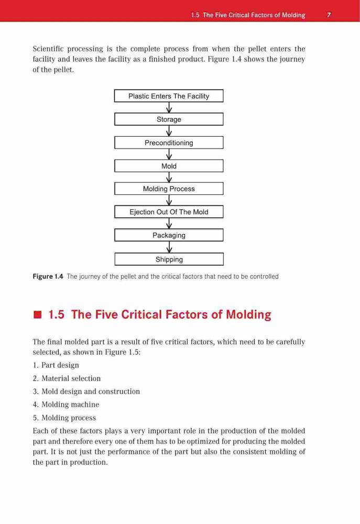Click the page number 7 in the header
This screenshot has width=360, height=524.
pos(329,15)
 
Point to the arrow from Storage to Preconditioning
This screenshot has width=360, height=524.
pos(169,130)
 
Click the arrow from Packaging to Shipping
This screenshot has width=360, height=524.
pos(169,247)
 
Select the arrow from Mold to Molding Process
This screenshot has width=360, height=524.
pos(169,177)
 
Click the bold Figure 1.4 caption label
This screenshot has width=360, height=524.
pos(48,276)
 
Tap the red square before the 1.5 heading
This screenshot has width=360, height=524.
pos(37,315)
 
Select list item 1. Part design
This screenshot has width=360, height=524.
pos(56,365)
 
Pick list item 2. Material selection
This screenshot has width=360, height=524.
pos(67,378)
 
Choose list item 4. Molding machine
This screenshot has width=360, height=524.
pos(66,405)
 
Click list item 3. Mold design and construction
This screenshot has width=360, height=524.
pos(86,391)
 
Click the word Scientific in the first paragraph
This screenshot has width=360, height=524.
pos(48,49)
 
